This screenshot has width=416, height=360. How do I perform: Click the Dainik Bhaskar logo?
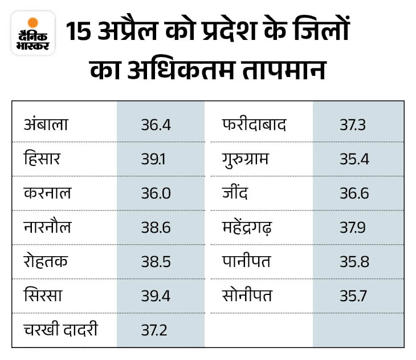(x=32, y=34)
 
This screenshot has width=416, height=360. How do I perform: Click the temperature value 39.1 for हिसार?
(x=153, y=159)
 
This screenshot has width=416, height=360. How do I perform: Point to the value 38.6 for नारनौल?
(x=156, y=227)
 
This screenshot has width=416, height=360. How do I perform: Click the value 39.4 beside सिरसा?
(x=156, y=296)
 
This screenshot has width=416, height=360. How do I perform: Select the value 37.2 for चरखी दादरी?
(x=155, y=330)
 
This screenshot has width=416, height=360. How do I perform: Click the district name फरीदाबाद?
(x=254, y=124)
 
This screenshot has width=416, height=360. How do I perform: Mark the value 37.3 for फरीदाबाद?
(x=354, y=124)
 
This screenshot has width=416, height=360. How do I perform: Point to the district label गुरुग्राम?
(x=248, y=159)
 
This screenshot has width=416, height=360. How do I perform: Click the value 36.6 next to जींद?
(x=354, y=193)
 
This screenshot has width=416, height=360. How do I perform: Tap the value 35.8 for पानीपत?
(x=354, y=261)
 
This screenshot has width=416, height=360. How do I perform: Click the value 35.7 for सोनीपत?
(x=354, y=296)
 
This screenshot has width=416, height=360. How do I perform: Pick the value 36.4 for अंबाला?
(x=156, y=124)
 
